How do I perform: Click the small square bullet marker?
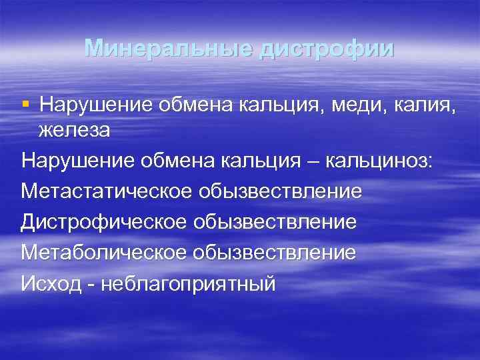26,103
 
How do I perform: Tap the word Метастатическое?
106,191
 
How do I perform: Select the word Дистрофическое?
103,222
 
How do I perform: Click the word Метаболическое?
103,253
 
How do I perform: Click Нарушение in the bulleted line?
93,104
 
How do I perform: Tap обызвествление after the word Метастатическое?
280,191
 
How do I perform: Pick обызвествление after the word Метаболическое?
274,253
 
